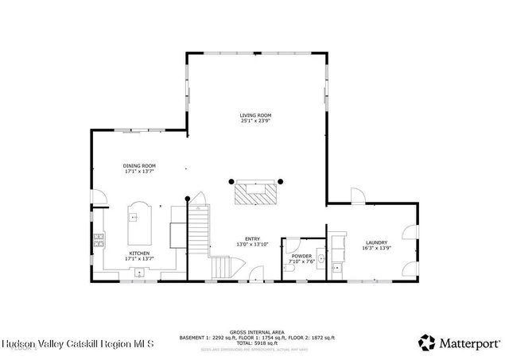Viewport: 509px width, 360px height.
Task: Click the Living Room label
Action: point(256,115)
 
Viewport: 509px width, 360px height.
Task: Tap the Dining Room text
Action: point(138,165)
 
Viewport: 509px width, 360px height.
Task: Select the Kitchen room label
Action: point(140,254)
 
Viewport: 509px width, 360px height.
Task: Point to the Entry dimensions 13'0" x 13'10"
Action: point(252,244)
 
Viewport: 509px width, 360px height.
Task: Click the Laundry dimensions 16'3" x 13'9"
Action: point(375,248)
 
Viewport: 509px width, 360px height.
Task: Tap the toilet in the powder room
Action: point(291,269)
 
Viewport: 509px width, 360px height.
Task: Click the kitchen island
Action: point(140,222)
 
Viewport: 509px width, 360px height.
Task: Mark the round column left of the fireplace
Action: point(231,180)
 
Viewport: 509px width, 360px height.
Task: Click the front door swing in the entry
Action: point(255,274)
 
